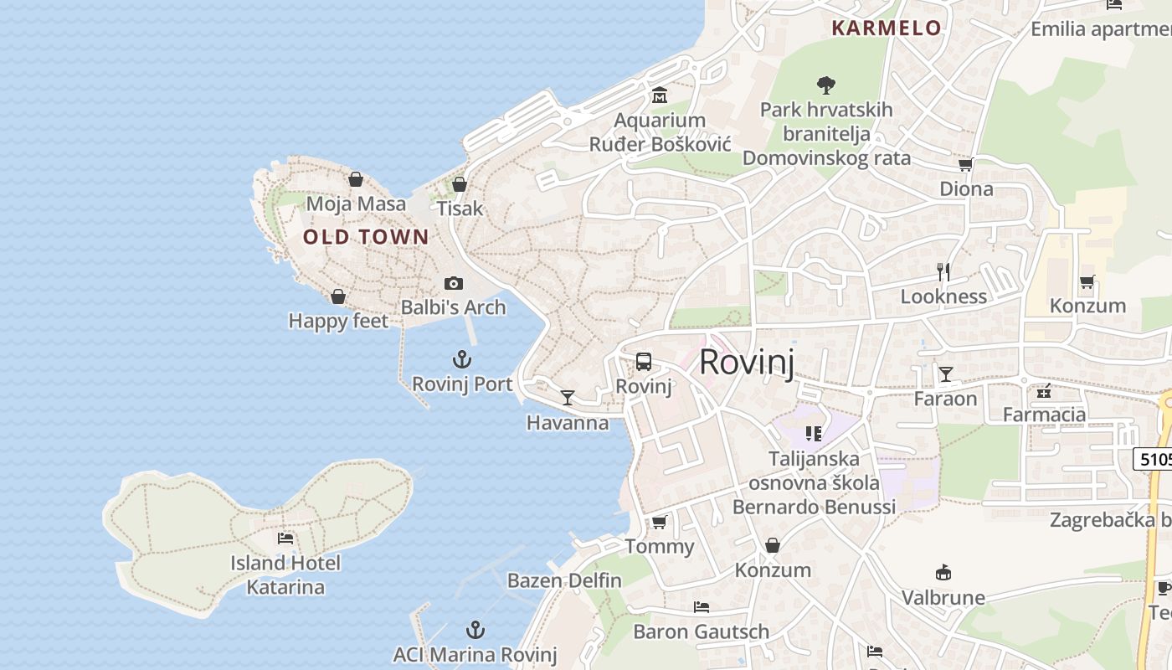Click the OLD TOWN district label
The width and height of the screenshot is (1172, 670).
pos(366,237)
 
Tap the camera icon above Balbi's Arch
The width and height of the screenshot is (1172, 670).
pos(453,283)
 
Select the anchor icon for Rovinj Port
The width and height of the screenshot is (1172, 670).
pos(462,360)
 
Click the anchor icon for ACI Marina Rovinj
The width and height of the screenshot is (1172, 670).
pos(475,630)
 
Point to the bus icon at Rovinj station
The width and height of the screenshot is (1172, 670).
pos(643,362)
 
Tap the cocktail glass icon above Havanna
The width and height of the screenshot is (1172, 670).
pos(568,397)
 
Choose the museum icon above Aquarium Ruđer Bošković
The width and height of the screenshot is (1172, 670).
pos(659,95)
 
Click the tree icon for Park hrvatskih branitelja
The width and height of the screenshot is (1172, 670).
pos(826,85)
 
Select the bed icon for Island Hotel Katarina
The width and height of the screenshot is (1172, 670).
pos(285,538)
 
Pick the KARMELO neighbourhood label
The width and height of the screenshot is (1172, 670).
pos(887,28)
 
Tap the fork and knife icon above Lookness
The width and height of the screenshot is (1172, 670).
pos(943,271)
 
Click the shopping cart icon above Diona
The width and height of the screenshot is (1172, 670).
pos(966,164)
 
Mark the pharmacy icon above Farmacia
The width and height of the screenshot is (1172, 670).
pos(1044,390)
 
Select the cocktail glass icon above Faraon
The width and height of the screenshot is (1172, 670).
pos(945,374)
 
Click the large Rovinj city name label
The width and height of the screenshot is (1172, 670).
pos(746,362)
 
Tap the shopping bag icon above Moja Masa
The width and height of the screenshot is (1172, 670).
pos(356,179)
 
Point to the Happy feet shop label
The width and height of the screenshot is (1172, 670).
pos(338,321)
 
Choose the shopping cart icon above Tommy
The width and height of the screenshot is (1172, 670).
pos(659,523)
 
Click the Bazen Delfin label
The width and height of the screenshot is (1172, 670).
pos(564,580)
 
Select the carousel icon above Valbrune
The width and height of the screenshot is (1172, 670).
pos(943,573)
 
